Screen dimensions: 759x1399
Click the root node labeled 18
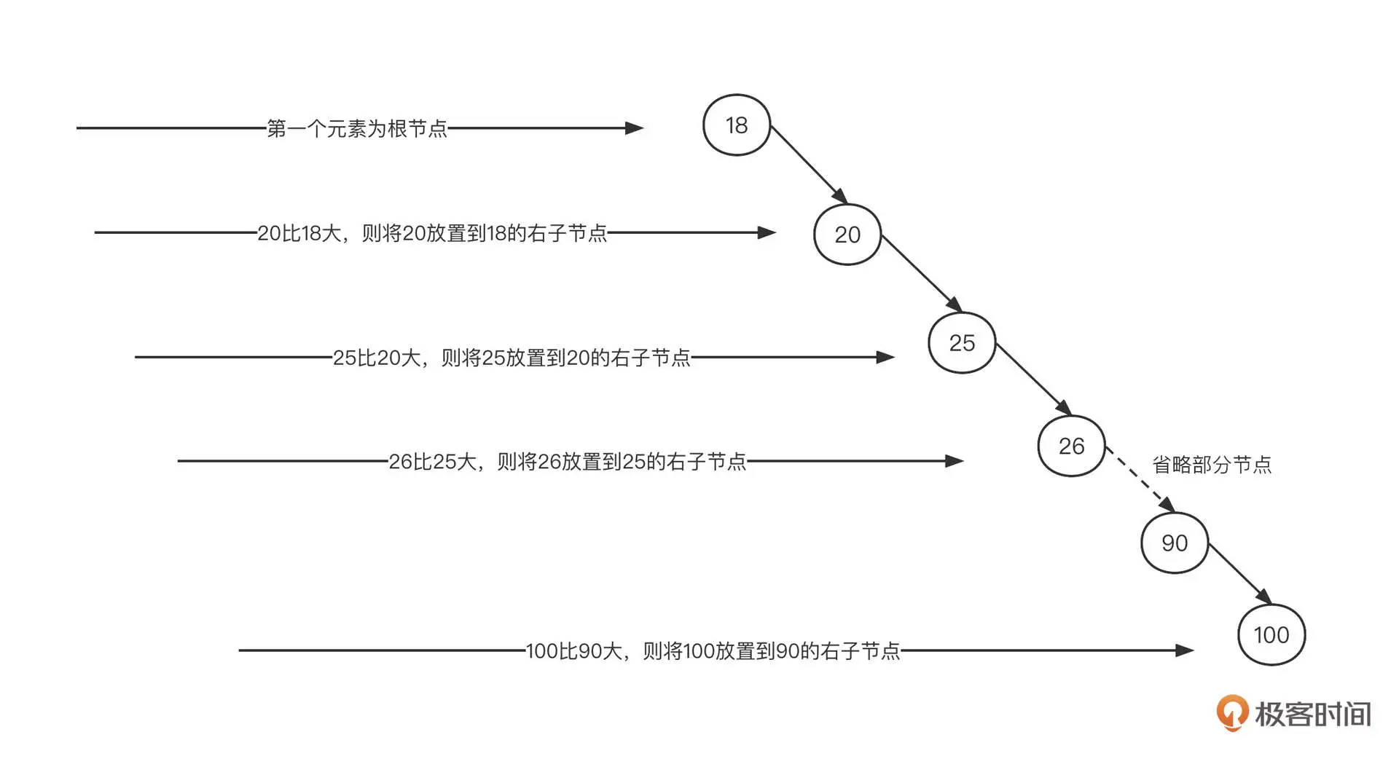point(736,125)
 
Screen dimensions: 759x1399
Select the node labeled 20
point(847,235)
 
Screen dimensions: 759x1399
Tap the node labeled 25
point(961,343)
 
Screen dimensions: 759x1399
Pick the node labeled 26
point(1071,446)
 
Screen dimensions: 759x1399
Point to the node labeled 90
point(1174,543)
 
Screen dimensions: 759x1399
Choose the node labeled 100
point(1271,634)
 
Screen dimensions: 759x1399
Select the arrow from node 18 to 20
point(808,164)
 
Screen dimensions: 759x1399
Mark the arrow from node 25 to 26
point(1032,379)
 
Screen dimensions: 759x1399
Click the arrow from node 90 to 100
point(1239,573)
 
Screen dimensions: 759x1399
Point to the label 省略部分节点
point(1211,465)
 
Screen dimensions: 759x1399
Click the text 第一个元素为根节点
point(356,129)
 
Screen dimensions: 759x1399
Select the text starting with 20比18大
point(432,233)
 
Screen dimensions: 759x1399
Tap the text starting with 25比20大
point(512,358)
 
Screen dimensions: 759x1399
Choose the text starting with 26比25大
point(567,462)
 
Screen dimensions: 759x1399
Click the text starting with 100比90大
point(713,650)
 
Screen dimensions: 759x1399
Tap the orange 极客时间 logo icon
point(1231,713)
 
